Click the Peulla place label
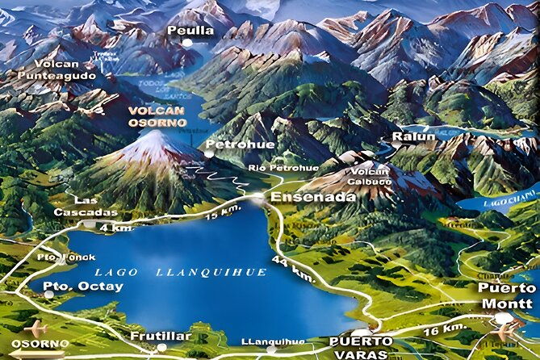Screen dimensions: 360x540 (x=190, y=31)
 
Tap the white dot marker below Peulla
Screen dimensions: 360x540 (x=187, y=43)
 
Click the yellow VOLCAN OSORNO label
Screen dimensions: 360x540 (x=157, y=116)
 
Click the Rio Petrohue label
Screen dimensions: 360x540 (x=272, y=168)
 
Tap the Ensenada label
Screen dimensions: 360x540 (x=302, y=195)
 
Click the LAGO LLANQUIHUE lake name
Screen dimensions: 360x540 (x=180, y=272)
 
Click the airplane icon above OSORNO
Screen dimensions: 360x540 (x=37, y=329)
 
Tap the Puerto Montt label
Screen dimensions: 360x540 (x=505, y=295)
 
